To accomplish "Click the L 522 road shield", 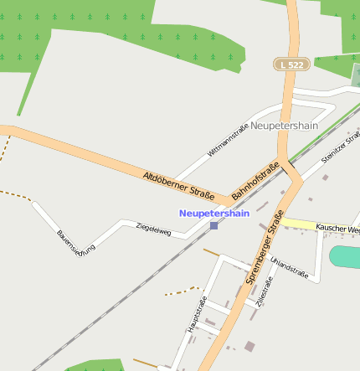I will tap(291, 64).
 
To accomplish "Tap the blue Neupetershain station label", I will tap(214, 214).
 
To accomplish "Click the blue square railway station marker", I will tap(214, 225).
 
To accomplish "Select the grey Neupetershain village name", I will tap(285, 126).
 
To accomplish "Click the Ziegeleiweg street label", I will tap(153, 229).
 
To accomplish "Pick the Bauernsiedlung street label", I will tap(76, 242).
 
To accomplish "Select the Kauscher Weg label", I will tap(338, 228).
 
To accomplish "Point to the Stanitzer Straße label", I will tap(341, 147).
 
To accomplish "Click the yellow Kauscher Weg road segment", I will tap(300, 224).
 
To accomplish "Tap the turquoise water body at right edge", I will tap(346, 257).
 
